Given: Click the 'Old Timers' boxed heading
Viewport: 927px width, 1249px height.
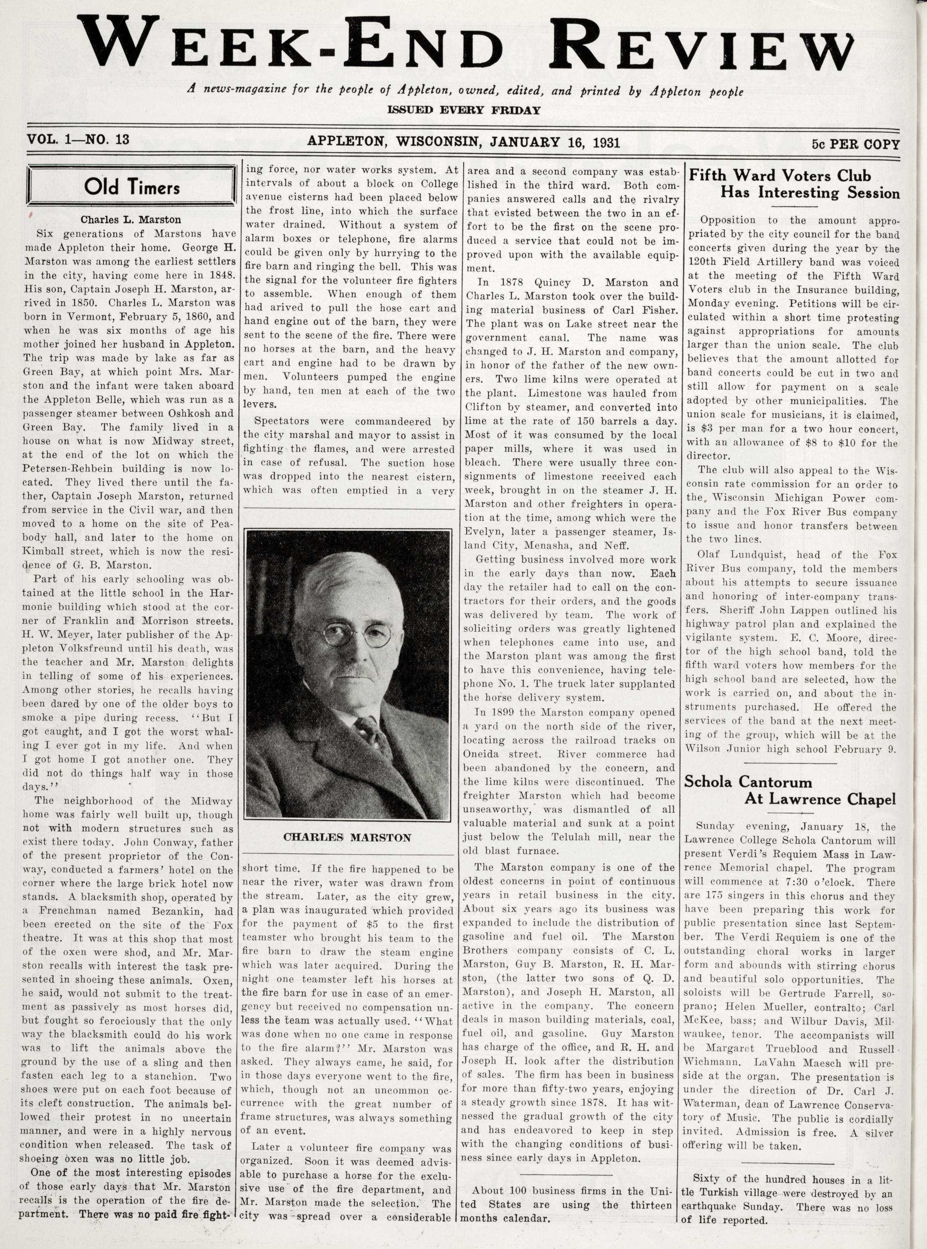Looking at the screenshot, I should point(132,186).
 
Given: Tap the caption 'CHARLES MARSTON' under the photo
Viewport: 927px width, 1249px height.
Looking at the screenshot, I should point(347,837).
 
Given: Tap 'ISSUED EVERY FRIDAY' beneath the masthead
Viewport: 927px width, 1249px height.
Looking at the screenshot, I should point(463,110).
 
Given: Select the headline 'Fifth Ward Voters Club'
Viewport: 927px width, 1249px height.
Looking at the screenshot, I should point(780,176).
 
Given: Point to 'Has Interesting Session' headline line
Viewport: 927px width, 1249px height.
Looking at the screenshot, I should point(810,193).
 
